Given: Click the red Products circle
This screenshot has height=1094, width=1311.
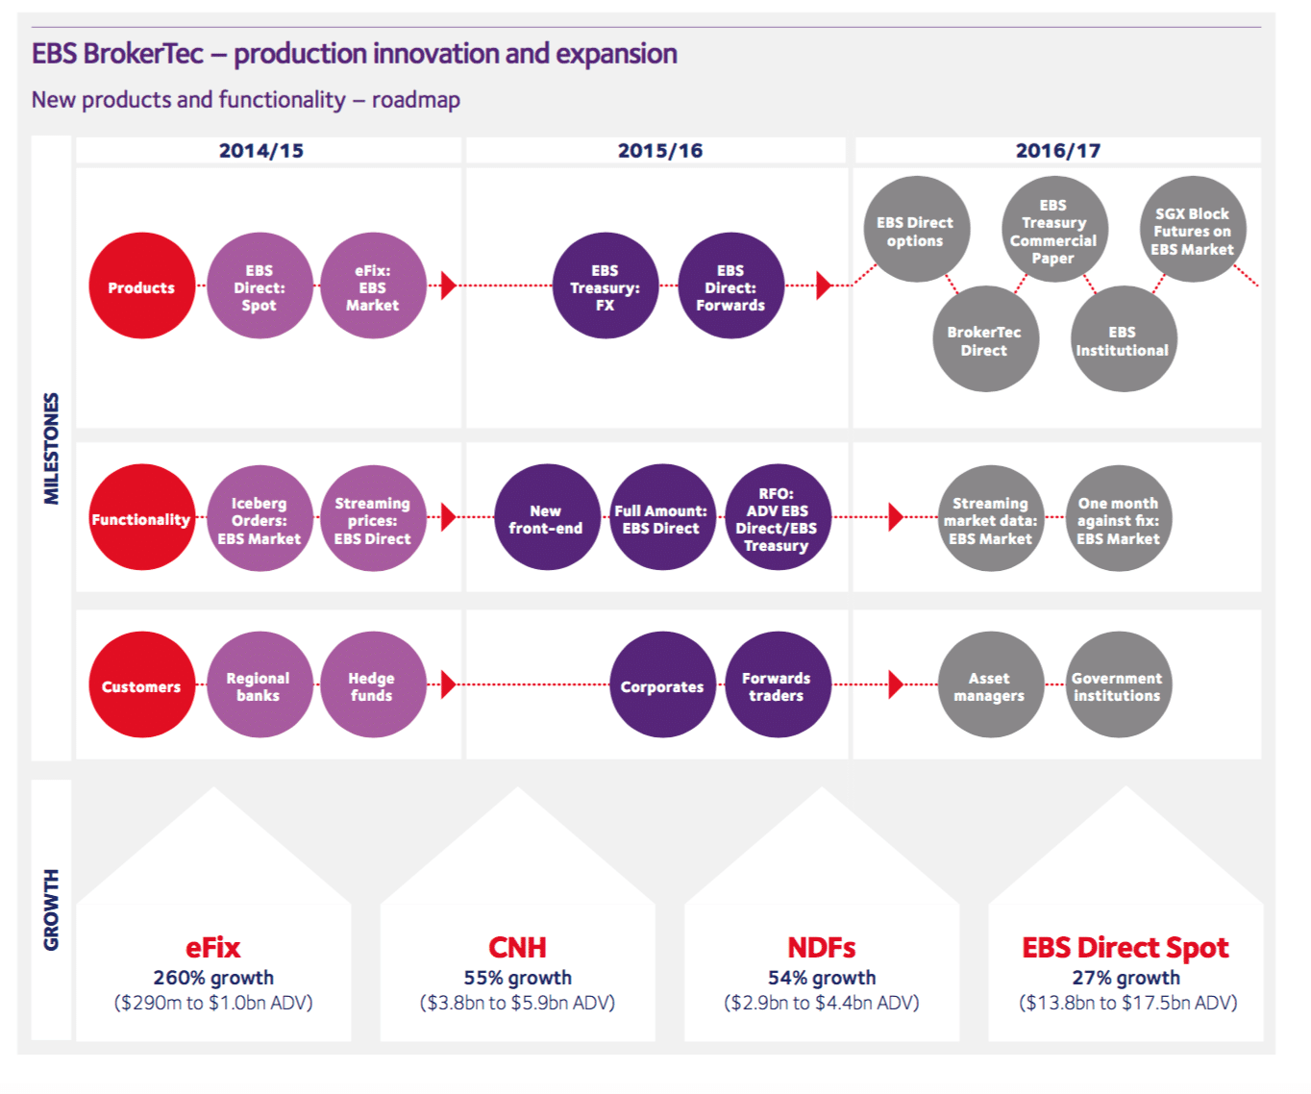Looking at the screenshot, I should [142, 286].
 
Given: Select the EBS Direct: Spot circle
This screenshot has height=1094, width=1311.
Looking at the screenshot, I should [260, 286].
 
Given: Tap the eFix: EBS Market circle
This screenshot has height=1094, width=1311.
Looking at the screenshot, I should [373, 286].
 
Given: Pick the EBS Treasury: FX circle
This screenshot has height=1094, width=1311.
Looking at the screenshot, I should [605, 286].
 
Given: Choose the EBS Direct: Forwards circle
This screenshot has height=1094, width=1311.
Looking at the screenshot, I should [730, 286].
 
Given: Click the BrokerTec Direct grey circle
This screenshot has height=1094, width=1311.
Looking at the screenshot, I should [984, 339].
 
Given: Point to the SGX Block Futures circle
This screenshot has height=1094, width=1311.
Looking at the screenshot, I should [1192, 230].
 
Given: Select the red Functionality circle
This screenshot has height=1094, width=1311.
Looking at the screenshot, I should [142, 518].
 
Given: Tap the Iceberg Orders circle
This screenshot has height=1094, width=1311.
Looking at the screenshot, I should [260, 519].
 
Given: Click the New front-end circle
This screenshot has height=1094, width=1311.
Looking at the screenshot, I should [546, 518].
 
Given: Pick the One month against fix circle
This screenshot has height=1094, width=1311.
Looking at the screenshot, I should [1118, 519].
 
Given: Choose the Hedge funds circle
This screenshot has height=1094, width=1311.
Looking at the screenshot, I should [373, 685].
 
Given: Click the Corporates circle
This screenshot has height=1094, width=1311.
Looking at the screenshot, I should [662, 685].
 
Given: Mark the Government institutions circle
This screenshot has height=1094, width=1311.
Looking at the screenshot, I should [1118, 685].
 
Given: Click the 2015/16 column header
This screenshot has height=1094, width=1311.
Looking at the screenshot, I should [659, 150].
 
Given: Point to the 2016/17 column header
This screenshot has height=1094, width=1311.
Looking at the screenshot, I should [1057, 150].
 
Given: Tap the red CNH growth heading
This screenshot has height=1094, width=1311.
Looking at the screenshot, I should [517, 947].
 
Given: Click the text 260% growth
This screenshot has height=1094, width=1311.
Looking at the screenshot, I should [213, 978].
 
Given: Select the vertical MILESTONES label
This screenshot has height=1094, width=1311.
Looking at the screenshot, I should [52, 448].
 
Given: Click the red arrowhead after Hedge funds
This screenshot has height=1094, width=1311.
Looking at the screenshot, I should [448, 684].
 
